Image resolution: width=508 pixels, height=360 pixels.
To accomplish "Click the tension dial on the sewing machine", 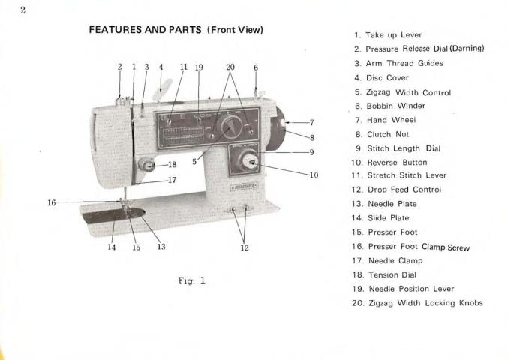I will click(x=149, y=164).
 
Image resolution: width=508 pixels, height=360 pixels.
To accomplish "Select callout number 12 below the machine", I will click(x=244, y=248).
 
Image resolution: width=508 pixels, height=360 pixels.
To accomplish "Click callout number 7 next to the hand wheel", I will click(x=311, y=121).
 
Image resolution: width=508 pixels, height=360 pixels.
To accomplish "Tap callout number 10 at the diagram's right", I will click(x=313, y=175).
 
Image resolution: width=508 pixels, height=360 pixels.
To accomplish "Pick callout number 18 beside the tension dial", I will click(x=172, y=164).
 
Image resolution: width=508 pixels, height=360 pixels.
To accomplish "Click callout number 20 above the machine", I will click(x=230, y=67).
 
